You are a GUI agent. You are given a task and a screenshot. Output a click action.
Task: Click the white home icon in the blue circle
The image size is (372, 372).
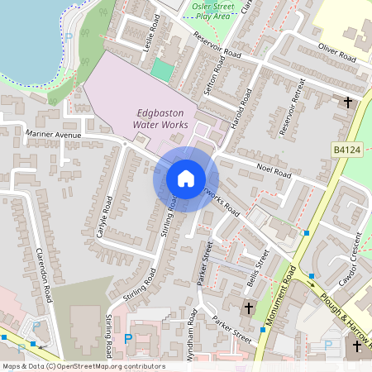(186, 179)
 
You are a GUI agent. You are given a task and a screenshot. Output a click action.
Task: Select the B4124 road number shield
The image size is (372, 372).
(346, 150)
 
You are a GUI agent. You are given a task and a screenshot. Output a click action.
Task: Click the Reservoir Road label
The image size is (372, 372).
(216, 49)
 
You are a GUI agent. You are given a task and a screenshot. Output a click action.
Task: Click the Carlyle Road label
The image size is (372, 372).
(104, 215)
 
